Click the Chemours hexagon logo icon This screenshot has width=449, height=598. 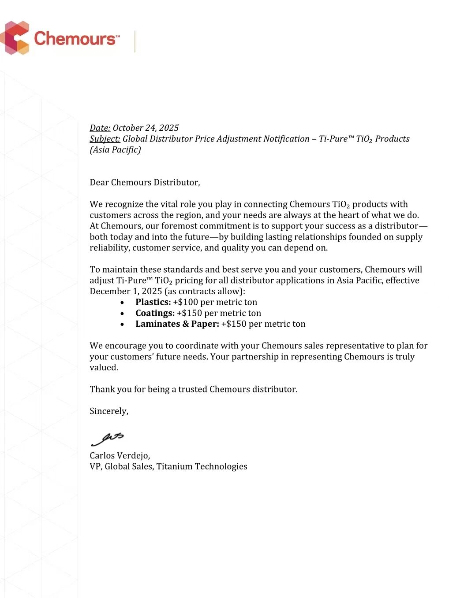click(x=15, y=38)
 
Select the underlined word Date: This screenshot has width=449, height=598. click(x=100, y=128)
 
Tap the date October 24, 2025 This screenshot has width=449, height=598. click(x=146, y=128)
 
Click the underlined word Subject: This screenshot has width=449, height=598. click(x=105, y=139)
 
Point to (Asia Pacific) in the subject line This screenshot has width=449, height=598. click(x=115, y=150)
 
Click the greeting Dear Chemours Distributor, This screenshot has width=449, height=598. click(x=145, y=182)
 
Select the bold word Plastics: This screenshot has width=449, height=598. click(x=153, y=302)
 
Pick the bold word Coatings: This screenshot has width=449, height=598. click(x=155, y=313)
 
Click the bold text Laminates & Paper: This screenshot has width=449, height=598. click(x=177, y=324)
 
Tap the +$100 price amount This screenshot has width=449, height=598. click(x=185, y=302)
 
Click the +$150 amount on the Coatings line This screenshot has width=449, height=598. click(x=189, y=313)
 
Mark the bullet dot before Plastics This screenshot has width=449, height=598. click(x=122, y=303)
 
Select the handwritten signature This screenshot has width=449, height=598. click(x=107, y=439)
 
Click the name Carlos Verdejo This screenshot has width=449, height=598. click(x=120, y=456)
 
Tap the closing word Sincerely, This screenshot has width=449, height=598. click(x=109, y=411)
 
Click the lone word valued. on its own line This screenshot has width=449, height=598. click(x=104, y=368)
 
